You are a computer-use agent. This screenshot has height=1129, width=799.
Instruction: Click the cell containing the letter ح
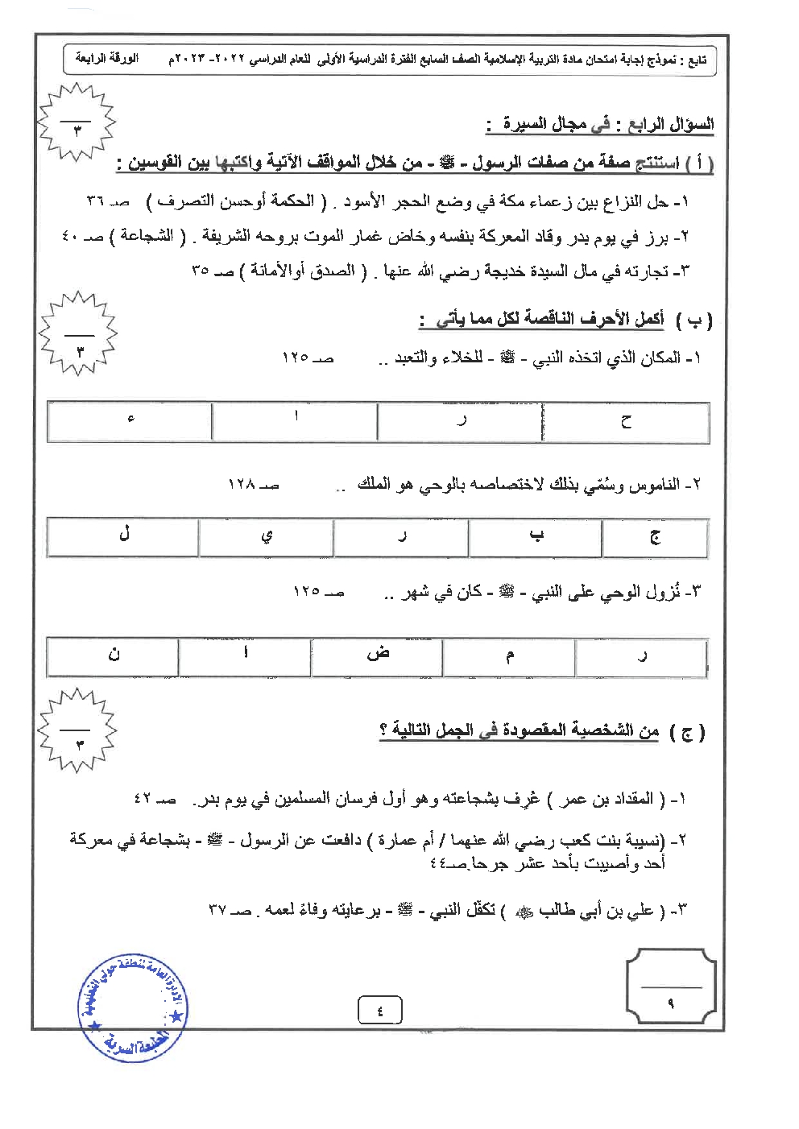(626, 422)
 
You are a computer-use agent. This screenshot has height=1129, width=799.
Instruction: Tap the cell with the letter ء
(130, 421)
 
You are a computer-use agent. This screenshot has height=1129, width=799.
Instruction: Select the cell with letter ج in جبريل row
(655, 537)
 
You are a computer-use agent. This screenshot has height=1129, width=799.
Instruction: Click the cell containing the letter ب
(536, 537)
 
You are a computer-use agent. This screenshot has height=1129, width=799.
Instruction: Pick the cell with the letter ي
(267, 537)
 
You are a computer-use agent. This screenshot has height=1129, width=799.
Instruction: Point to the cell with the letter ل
(123, 537)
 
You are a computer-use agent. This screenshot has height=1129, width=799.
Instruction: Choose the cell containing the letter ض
(377, 656)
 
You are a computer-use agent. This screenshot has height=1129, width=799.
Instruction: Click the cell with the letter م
(509, 656)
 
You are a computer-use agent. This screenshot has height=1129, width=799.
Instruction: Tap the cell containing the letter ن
(113, 656)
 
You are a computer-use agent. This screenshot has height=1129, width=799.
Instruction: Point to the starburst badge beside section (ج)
(78, 731)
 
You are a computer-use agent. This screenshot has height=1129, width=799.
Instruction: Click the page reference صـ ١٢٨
(253, 485)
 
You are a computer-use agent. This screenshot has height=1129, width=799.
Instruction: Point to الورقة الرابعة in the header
(106, 59)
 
